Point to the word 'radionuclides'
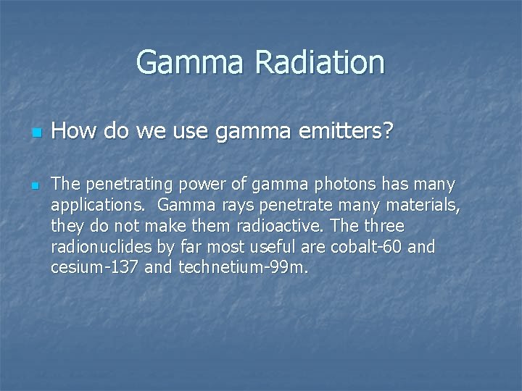pyautogui.click(x=101, y=247)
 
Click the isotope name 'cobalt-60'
pyautogui.click(x=367, y=247)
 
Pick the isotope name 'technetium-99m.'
pyautogui.click(x=244, y=268)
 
